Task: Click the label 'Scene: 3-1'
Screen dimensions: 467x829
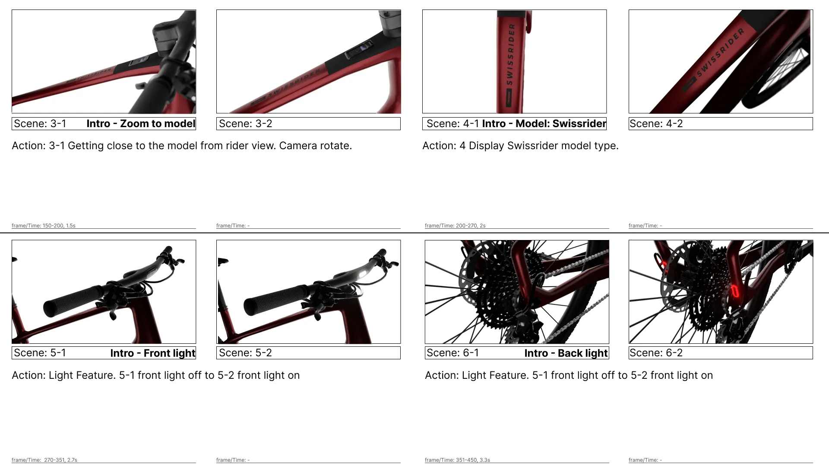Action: click(40, 124)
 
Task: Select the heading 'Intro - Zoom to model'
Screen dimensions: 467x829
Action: click(141, 124)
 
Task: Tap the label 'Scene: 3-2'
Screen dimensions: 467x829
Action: click(245, 124)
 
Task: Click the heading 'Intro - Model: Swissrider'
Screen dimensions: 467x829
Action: click(544, 124)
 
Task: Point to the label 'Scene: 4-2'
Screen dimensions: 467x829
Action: click(656, 124)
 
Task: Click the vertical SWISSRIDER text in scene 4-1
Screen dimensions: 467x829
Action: click(511, 54)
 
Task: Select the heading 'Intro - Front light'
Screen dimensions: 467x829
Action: click(153, 353)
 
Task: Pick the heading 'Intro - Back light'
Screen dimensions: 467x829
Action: click(566, 353)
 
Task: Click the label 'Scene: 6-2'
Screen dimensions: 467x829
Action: click(656, 353)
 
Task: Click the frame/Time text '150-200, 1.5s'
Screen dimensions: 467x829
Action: click(59, 226)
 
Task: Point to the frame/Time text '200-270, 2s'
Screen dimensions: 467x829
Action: click(470, 226)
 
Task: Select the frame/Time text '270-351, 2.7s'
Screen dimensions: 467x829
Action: click(60, 460)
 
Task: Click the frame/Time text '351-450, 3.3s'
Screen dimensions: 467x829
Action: click(473, 460)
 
